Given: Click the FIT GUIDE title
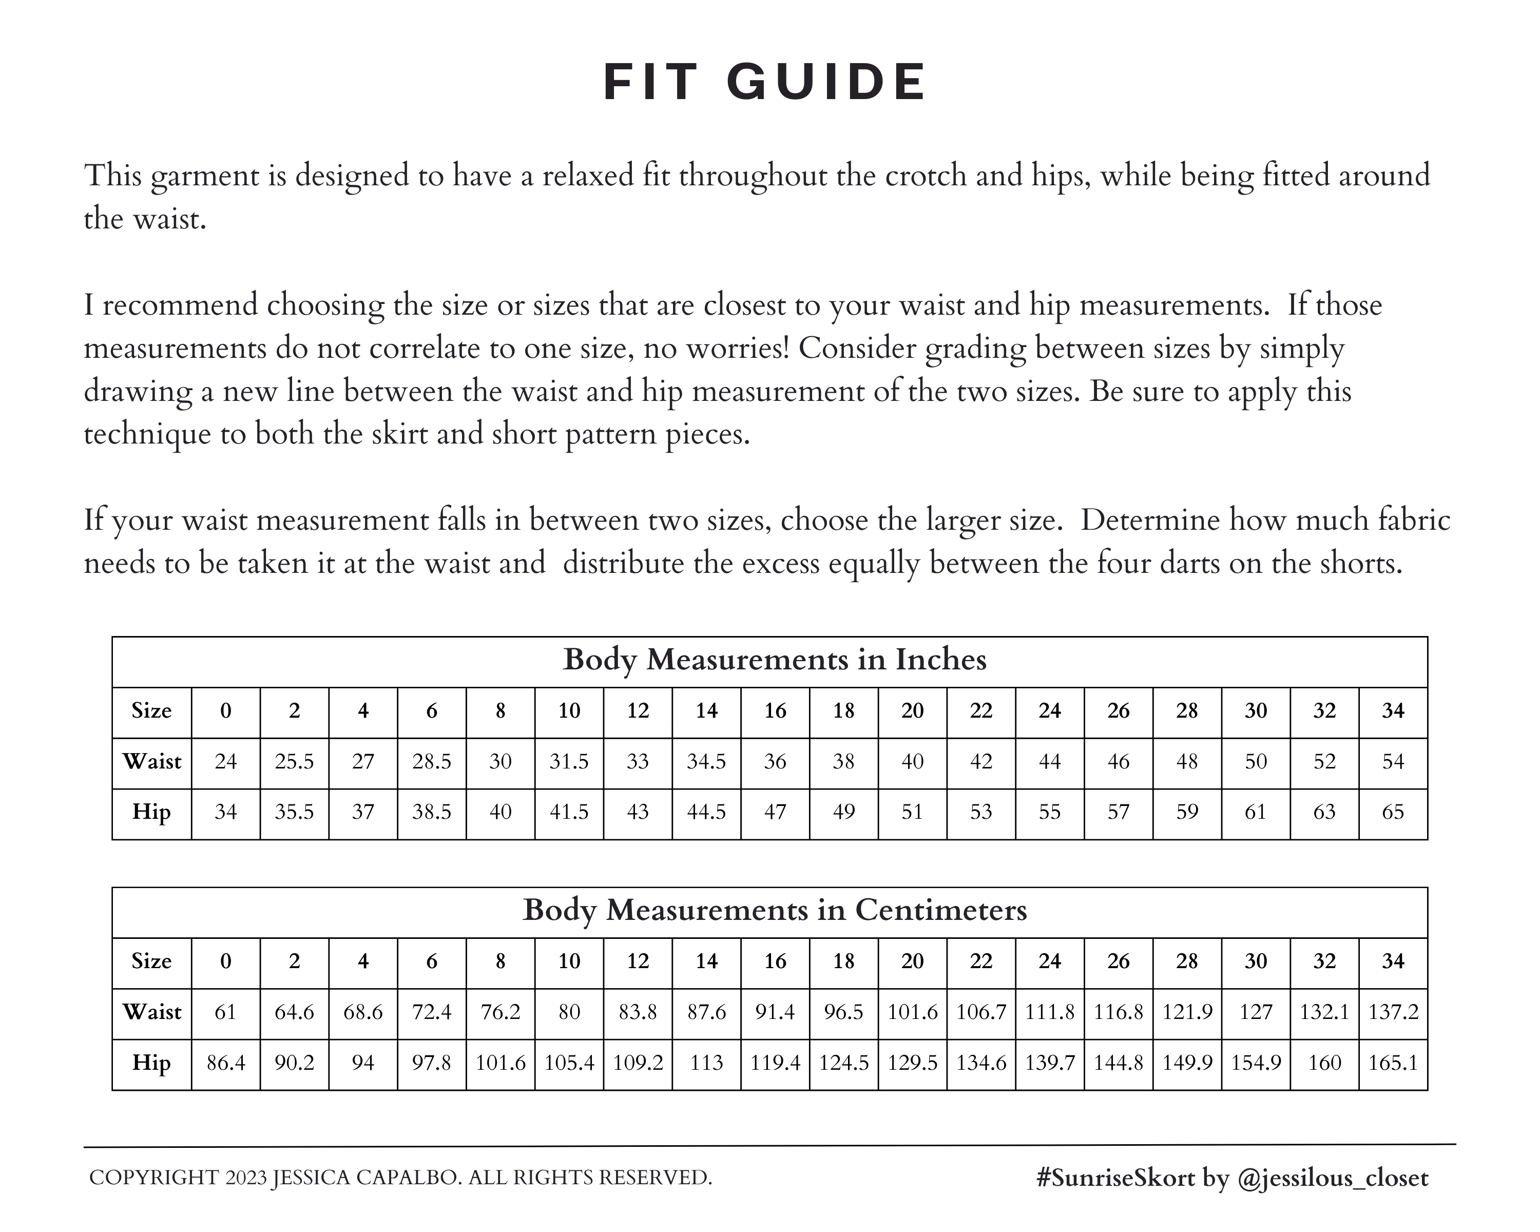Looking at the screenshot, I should tap(765, 82).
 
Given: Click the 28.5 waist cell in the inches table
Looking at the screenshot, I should tap(431, 761).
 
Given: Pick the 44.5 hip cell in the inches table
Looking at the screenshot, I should tap(706, 812).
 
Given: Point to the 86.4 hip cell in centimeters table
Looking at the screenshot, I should tap(226, 1063).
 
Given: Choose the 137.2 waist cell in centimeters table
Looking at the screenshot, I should tap(1393, 1012).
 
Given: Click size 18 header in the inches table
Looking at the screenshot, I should tap(843, 710).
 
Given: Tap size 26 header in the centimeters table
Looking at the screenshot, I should tap(1119, 961).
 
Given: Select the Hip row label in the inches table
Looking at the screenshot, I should tap(151, 812).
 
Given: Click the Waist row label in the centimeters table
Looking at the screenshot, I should tap(151, 1012).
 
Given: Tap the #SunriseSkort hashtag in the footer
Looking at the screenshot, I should tap(1115, 1178).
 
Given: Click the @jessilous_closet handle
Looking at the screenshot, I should tap(1332, 1178).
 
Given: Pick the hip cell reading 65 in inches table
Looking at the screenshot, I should tap(1393, 812).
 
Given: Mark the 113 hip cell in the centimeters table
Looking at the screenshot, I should tap(706, 1063).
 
